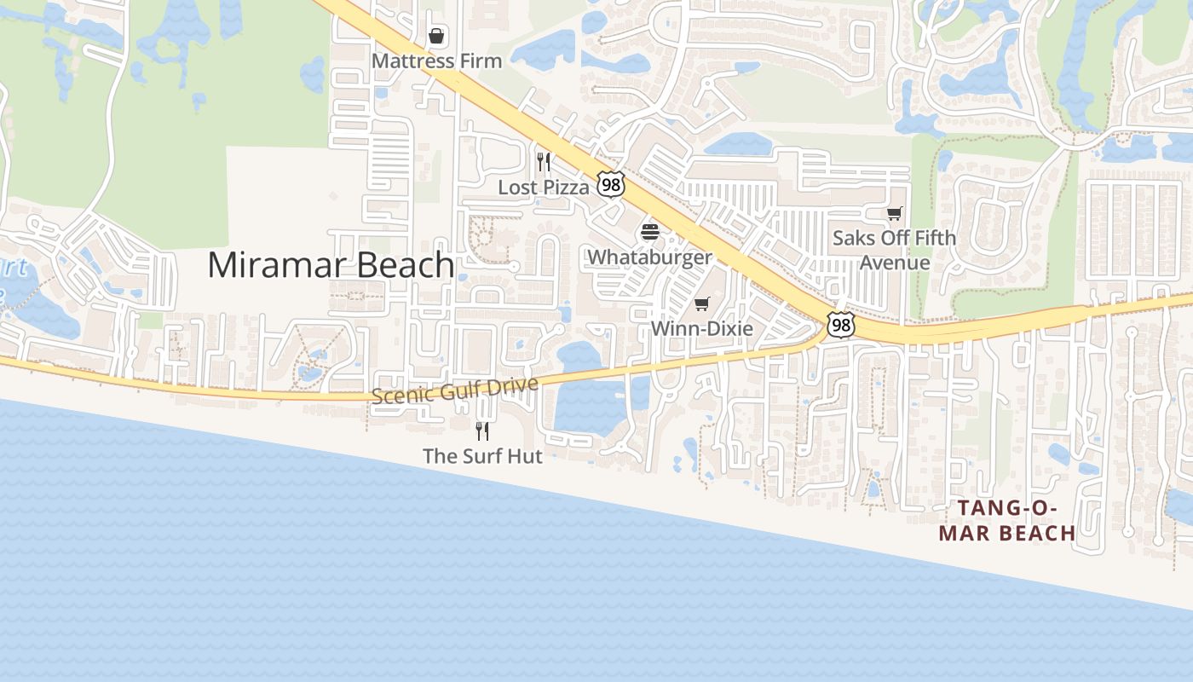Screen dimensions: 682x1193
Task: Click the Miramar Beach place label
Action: [x=331, y=265]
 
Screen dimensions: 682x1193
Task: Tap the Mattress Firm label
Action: [x=436, y=61]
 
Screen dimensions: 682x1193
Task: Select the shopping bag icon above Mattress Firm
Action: [x=436, y=36]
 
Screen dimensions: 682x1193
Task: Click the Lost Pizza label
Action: [x=544, y=188]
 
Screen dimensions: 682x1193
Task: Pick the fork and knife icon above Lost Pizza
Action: [x=544, y=161]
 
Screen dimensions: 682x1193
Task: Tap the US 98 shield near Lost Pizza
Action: [x=611, y=183]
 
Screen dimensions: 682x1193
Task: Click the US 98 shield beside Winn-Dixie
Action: [x=840, y=324]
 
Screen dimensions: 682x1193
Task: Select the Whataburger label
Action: [x=649, y=257]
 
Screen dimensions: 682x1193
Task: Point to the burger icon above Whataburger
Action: [x=650, y=231]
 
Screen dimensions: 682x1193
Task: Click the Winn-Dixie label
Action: [x=702, y=328]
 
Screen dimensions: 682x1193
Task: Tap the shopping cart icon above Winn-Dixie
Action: [x=702, y=303]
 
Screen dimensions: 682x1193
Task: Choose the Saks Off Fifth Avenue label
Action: [x=894, y=250]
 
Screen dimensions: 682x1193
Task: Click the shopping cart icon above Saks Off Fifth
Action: [x=894, y=213]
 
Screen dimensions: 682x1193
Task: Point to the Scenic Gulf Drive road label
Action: [x=455, y=390]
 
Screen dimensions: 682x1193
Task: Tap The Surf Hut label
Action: [x=482, y=456]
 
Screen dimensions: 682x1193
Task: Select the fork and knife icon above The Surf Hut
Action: [x=482, y=431]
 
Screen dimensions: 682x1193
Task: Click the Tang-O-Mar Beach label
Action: [x=1007, y=521]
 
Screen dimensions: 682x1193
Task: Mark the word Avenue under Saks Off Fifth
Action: [x=894, y=262]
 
